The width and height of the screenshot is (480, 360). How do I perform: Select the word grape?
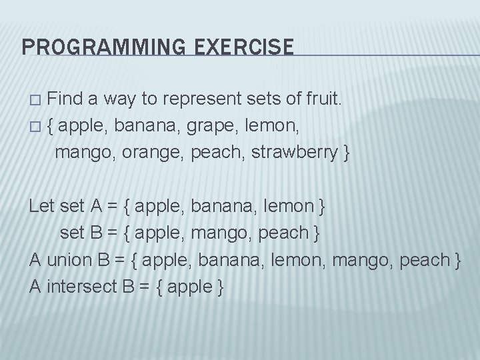(217, 127)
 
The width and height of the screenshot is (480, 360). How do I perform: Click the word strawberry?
(299, 152)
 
